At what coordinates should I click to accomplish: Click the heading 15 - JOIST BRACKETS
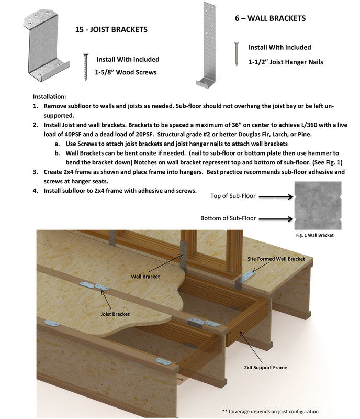pyautogui.click(x=112, y=29)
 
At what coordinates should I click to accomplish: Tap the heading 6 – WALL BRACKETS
pyautogui.click(x=270, y=18)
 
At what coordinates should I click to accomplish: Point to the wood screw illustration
pyautogui.click(x=86, y=67)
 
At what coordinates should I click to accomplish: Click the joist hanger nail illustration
pyautogui.click(x=237, y=54)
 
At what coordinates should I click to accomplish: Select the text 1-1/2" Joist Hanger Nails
pyautogui.click(x=286, y=62)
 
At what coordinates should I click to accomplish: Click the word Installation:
pyautogui.click(x=50, y=97)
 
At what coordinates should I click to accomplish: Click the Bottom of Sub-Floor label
pyautogui.click(x=227, y=218)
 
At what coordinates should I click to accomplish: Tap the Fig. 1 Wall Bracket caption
pyautogui.click(x=314, y=235)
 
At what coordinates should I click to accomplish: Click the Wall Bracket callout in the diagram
pyautogui.click(x=145, y=275)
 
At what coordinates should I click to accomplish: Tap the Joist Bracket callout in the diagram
pyautogui.click(x=115, y=314)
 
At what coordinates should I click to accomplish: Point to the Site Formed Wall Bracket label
pyautogui.click(x=276, y=259)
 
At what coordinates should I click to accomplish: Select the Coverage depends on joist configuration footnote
pyautogui.click(x=269, y=411)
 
